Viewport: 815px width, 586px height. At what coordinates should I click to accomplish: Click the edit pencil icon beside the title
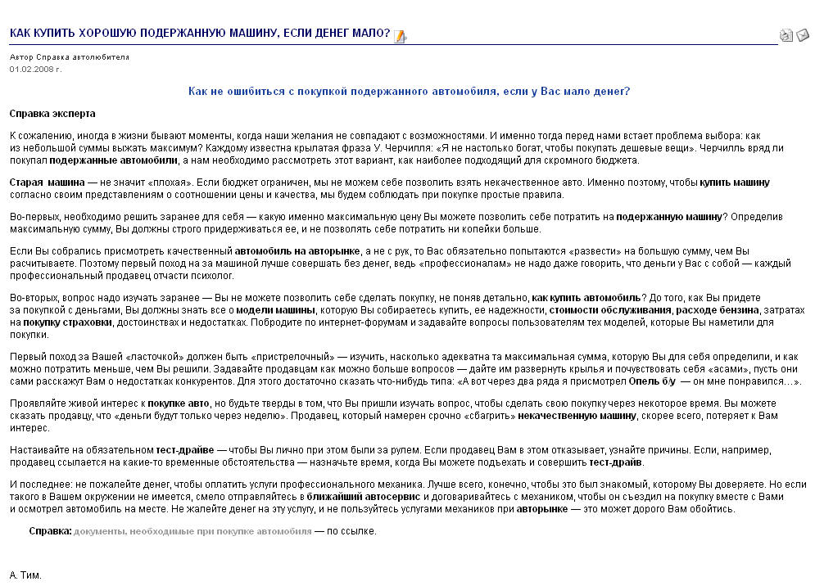400,35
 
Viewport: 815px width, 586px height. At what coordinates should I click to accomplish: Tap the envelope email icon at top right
803,35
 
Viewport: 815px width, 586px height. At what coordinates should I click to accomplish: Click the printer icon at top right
786,35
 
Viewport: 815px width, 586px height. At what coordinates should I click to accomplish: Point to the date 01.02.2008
35,69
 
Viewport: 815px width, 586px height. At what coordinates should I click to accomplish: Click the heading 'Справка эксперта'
52,114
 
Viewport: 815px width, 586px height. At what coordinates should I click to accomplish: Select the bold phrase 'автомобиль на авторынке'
298,250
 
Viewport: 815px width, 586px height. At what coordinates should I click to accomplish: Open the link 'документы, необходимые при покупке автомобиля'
192,530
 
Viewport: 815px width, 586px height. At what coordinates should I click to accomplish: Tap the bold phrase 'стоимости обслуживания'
612,311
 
